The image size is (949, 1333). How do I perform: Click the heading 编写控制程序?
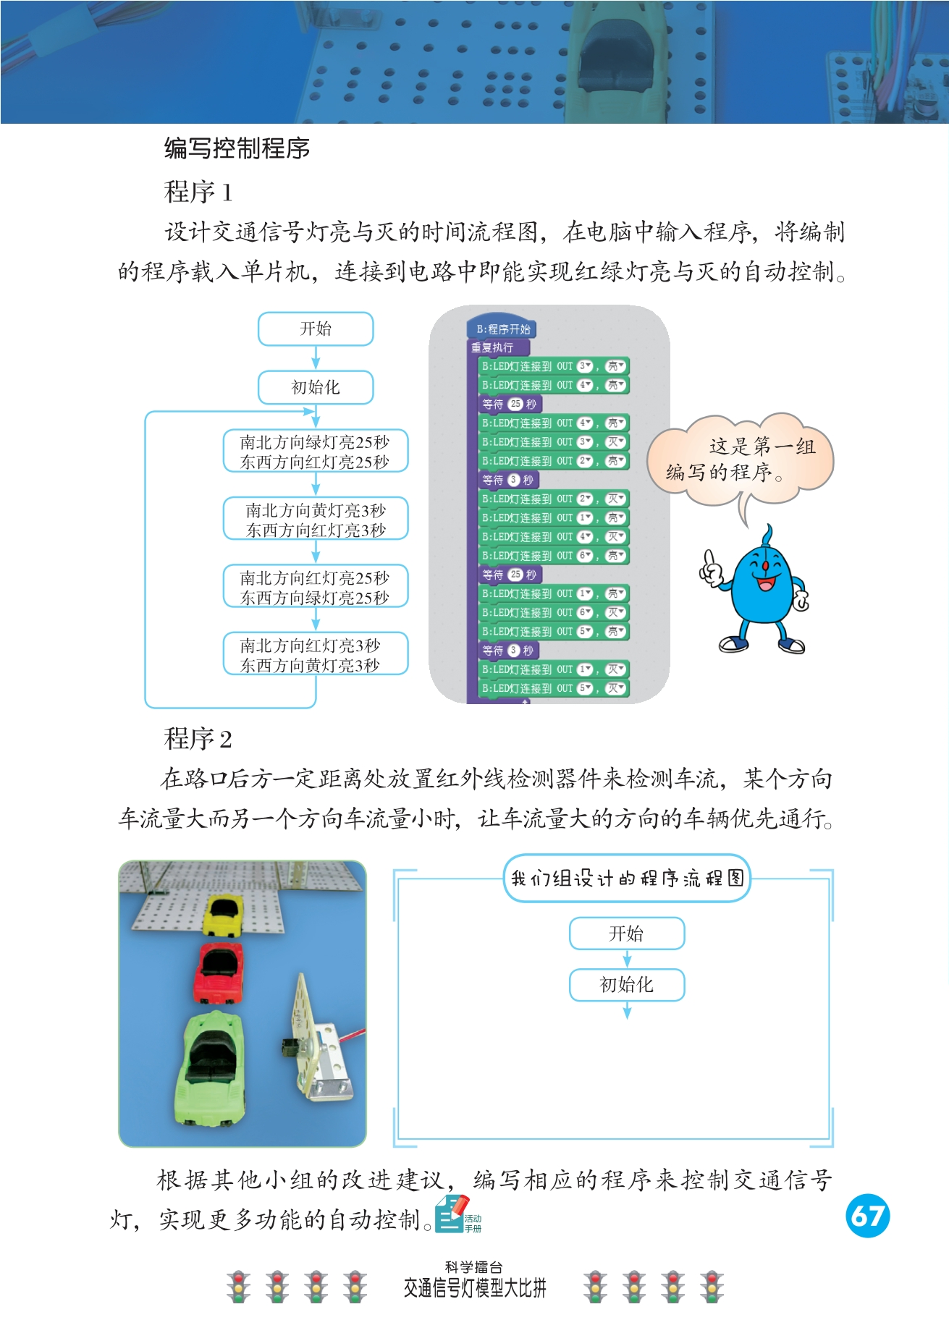tap(237, 148)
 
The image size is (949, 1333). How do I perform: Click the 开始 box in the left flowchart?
tap(316, 329)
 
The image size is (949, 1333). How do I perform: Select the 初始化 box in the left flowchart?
tap(316, 387)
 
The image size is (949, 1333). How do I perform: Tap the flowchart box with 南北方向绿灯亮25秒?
tap(315, 452)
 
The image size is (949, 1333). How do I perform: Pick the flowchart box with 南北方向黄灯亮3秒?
tap(315, 520)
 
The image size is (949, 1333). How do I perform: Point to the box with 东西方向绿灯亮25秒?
tap(315, 587)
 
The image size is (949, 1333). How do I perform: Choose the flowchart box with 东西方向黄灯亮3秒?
tap(315, 655)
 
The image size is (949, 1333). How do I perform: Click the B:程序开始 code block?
tap(502, 329)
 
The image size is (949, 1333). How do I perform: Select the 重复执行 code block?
tap(494, 347)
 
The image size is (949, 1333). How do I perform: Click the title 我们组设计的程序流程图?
tap(627, 878)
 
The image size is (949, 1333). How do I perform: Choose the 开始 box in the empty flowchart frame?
tap(627, 933)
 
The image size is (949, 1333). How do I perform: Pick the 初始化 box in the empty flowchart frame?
tap(627, 984)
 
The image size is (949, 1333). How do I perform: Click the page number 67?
tap(867, 1215)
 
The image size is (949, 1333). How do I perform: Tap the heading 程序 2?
tap(198, 739)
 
